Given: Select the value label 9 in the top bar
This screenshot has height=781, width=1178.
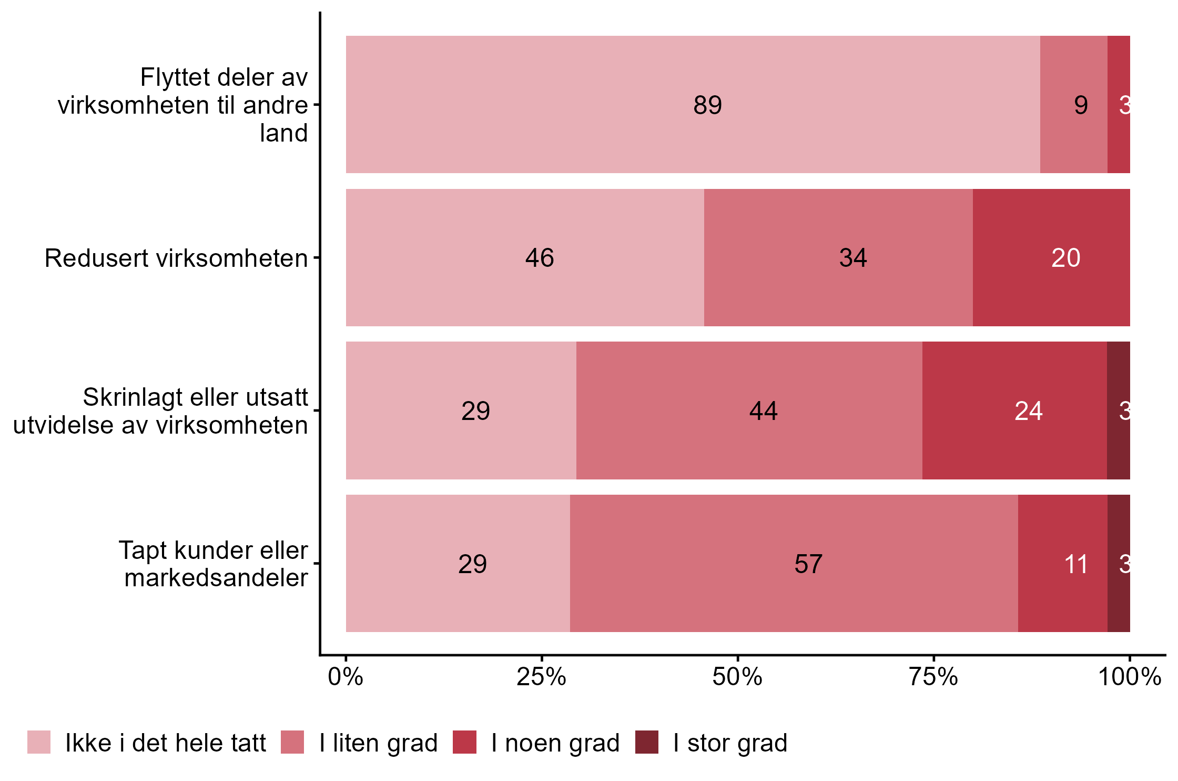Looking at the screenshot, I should click(x=1081, y=105).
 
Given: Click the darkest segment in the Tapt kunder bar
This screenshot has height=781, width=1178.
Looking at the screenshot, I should click(x=1119, y=564).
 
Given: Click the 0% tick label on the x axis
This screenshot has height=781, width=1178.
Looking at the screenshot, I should click(x=346, y=677).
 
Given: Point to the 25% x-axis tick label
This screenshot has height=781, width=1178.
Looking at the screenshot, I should click(x=541, y=677).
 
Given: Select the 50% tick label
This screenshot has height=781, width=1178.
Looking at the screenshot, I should click(x=737, y=677).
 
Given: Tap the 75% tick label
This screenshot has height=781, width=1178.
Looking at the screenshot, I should click(x=933, y=677).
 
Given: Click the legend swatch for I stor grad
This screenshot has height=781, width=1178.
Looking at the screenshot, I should click(x=646, y=742).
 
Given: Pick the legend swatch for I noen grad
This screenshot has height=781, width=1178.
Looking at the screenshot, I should click(x=464, y=742).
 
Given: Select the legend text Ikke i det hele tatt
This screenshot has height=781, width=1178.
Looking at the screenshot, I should click(x=165, y=743).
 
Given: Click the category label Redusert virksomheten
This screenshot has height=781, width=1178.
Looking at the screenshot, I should click(x=176, y=258).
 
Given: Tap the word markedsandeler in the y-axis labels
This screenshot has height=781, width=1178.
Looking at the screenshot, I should click(x=216, y=578).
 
